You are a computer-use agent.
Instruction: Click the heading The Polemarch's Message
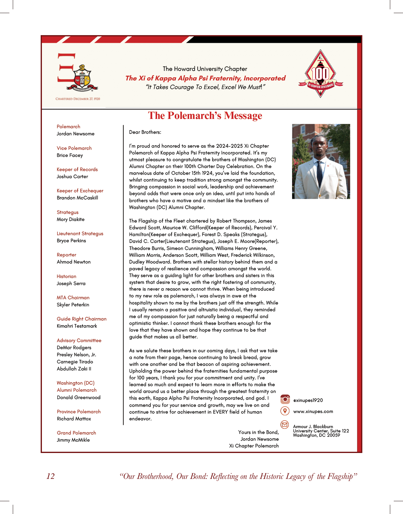click(x=205, y=116)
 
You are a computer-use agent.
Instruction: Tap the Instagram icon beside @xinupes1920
click(x=285, y=399)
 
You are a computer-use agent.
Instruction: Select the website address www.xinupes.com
click(x=313, y=411)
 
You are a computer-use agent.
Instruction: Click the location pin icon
click(x=285, y=411)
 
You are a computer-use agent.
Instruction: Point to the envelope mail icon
click(x=285, y=425)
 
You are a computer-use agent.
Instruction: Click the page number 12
click(x=51, y=476)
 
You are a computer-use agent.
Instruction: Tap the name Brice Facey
click(x=70, y=155)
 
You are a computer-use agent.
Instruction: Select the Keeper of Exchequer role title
click(x=80, y=191)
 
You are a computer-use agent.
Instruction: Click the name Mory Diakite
click(x=71, y=219)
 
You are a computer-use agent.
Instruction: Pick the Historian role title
click(x=66, y=276)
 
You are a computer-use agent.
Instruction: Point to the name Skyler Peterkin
click(x=73, y=305)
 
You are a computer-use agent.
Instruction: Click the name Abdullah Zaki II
click(x=74, y=369)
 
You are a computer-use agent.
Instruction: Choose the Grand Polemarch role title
click(x=76, y=433)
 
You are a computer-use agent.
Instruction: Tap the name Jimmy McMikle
click(x=73, y=440)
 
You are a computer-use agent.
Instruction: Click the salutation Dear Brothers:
click(x=145, y=132)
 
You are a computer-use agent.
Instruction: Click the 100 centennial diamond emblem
click(x=320, y=74)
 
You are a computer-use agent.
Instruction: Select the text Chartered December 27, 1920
click(x=78, y=99)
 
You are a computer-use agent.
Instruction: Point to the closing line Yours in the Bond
click(x=258, y=432)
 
